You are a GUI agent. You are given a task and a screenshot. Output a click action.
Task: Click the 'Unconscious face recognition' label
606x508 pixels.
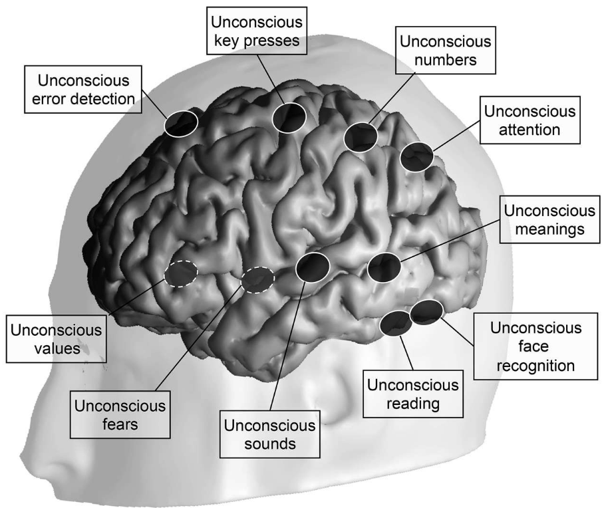pyautogui.click(x=536, y=346)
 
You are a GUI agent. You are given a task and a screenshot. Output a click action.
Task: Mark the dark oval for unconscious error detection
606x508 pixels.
pyautogui.click(x=181, y=123)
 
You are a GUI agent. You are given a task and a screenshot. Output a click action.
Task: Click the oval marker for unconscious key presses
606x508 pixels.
pyautogui.click(x=289, y=117)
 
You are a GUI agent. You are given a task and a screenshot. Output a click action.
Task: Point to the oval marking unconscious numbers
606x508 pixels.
pyautogui.click(x=361, y=136)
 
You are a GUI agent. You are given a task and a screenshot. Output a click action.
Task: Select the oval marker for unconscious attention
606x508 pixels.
pyautogui.click(x=417, y=157)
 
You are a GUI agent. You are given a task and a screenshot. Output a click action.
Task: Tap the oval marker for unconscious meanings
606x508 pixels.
pyautogui.click(x=384, y=267)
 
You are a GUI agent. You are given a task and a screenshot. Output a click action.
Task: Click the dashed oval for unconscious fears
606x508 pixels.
pyautogui.click(x=257, y=280)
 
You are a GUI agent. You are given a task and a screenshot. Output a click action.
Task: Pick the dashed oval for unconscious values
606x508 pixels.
pyautogui.click(x=181, y=273)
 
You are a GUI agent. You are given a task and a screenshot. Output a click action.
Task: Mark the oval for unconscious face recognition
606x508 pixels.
pyautogui.click(x=426, y=312)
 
